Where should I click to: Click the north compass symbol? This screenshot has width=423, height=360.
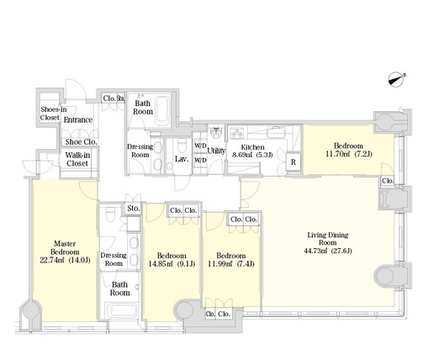tap(397, 79)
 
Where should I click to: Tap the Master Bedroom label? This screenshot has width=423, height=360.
tap(65, 247)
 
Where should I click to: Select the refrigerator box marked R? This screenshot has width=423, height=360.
tap(293, 162)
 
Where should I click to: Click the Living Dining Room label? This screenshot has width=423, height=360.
tap(328, 239)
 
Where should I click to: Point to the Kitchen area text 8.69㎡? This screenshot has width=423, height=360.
tap(241, 155)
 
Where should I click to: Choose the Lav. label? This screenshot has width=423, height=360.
tap(182, 159)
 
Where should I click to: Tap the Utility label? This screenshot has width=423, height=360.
tap(216, 151)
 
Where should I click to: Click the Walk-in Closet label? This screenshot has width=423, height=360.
tap(77, 159)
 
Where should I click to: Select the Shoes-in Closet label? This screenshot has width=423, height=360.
tap(53, 114)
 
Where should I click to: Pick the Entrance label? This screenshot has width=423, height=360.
tap(78, 120)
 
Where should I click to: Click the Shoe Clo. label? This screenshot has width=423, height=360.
tap(82, 142)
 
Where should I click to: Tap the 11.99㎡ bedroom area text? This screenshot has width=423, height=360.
tap(219, 264)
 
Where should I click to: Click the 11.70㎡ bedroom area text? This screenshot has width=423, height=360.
tap(338, 154)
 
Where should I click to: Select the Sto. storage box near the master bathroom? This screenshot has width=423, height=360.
tap(133, 209)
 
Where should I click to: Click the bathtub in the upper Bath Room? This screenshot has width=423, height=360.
tap(162, 111)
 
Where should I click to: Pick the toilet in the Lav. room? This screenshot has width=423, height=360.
tap(182, 144)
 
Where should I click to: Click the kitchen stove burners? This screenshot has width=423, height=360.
tap(237, 133)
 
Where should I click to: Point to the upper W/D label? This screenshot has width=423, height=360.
tap(200, 146)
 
